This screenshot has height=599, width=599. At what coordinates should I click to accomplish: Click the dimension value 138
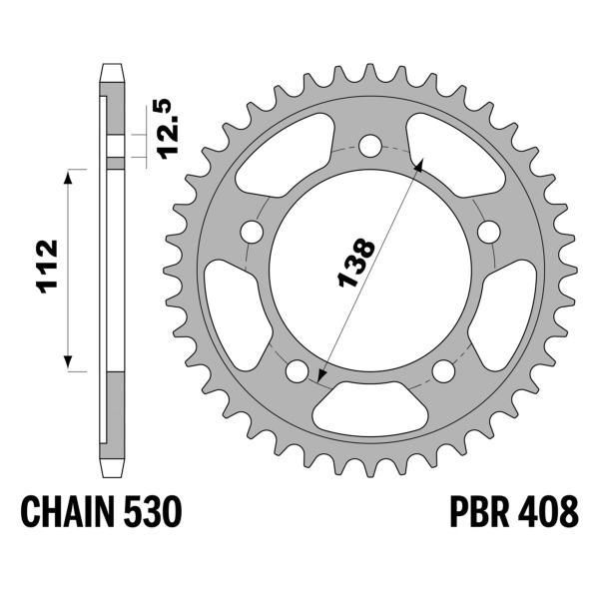(x=356, y=265)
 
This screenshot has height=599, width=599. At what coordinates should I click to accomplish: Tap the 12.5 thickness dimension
(x=163, y=128)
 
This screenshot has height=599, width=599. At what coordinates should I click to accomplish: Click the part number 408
(x=548, y=513)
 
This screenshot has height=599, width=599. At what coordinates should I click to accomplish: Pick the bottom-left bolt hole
(x=296, y=372)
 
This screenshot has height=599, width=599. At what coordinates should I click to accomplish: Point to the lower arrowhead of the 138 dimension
(x=319, y=378)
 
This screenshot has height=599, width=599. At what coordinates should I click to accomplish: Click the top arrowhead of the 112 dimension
(x=70, y=175)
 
